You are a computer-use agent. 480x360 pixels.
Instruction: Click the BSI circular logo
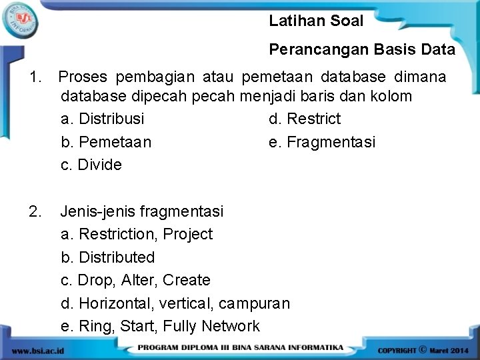click(20, 20)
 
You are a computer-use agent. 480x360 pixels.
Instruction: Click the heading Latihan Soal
click(316, 21)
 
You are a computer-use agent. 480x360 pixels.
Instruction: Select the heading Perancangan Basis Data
click(362, 49)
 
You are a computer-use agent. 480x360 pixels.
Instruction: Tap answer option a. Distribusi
click(102, 119)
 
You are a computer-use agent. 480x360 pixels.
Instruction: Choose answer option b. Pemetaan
click(106, 142)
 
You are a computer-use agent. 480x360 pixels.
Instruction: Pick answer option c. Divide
click(91, 165)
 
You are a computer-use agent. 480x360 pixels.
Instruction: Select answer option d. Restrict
click(305, 119)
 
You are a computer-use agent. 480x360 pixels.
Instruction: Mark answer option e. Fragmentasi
click(322, 142)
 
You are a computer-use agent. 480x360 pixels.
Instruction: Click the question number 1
click(35, 77)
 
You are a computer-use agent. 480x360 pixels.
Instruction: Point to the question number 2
click(35, 211)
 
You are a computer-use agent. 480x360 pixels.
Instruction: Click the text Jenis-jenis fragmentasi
click(142, 211)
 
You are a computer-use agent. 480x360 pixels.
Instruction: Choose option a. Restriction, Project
click(137, 235)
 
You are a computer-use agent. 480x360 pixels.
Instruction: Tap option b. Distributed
click(108, 257)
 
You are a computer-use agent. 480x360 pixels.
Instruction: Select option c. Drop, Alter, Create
click(135, 281)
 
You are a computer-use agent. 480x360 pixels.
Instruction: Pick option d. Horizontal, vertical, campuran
click(175, 303)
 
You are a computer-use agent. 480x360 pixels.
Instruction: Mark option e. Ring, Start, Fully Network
click(161, 326)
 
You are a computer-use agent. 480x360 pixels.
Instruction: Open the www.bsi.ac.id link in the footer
click(38, 351)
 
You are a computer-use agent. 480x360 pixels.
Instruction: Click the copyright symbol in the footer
click(423, 349)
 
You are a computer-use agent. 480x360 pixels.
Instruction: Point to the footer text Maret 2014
click(449, 350)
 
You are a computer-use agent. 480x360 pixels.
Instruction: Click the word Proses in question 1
click(83, 77)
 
